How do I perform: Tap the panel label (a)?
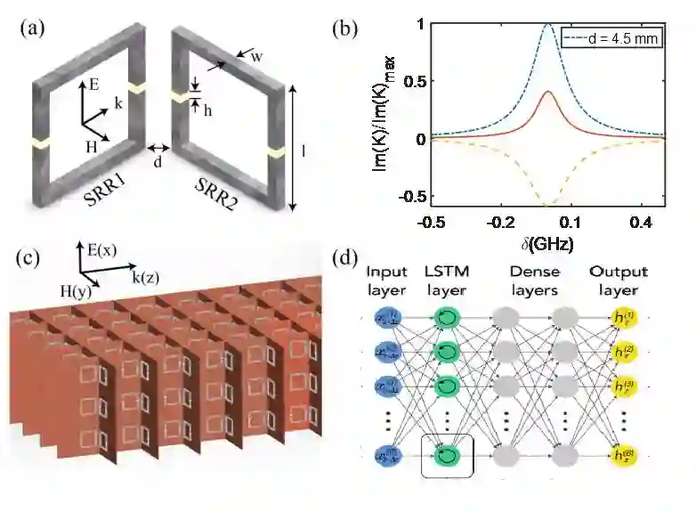(x=33, y=28)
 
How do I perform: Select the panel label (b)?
(x=346, y=29)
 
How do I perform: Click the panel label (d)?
(x=346, y=259)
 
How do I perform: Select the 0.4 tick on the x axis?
(x=642, y=221)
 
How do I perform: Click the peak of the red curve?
(x=549, y=91)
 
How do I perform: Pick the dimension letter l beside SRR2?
(x=304, y=151)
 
